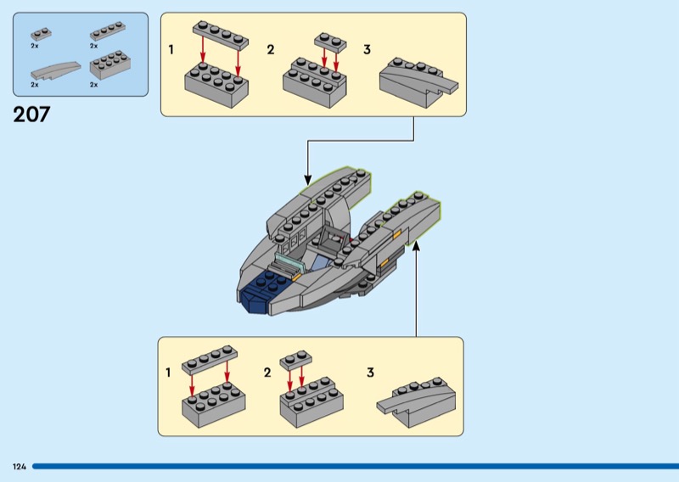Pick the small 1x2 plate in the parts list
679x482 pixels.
(x=39, y=34)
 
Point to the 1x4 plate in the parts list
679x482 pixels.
(x=107, y=33)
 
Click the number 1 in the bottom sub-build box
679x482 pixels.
(x=168, y=373)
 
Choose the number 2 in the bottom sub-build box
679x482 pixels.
(x=267, y=373)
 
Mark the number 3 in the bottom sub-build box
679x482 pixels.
(x=370, y=373)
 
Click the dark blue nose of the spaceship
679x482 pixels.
(x=255, y=298)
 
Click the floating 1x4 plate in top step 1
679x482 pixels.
(x=221, y=33)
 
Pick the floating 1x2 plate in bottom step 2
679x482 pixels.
(x=295, y=358)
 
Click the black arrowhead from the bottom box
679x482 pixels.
(x=416, y=245)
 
